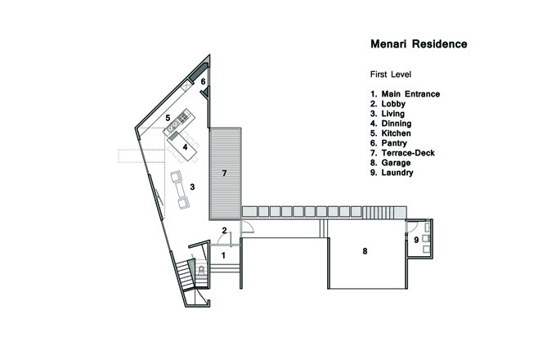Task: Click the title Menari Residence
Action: (x=419, y=44)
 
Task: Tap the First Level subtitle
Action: (x=391, y=74)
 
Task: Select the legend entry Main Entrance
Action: (x=410, y=94)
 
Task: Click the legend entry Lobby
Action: (x=393, y=104)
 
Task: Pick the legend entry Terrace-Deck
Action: (x=408, y=153)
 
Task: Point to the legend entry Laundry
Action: (x=397, y=173)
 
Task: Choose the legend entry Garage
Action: (x=396, y=163)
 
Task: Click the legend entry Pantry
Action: (x=394, y=143)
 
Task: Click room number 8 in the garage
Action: (x=365, y=251)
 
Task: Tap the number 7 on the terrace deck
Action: (x=224, y=173)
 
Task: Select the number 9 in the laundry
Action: (x=416, y=240)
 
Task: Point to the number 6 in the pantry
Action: (x=203, y=82)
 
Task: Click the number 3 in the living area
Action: (x=192, y=187)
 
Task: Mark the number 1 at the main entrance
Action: (x=223, y=255)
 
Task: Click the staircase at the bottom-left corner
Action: (x=186, y=275)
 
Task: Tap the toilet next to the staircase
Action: (x=201, y=270)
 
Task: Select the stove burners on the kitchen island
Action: (x=183, y=117)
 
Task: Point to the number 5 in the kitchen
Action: (x=168, y=118)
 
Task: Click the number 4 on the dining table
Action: (x=185, y=146)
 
